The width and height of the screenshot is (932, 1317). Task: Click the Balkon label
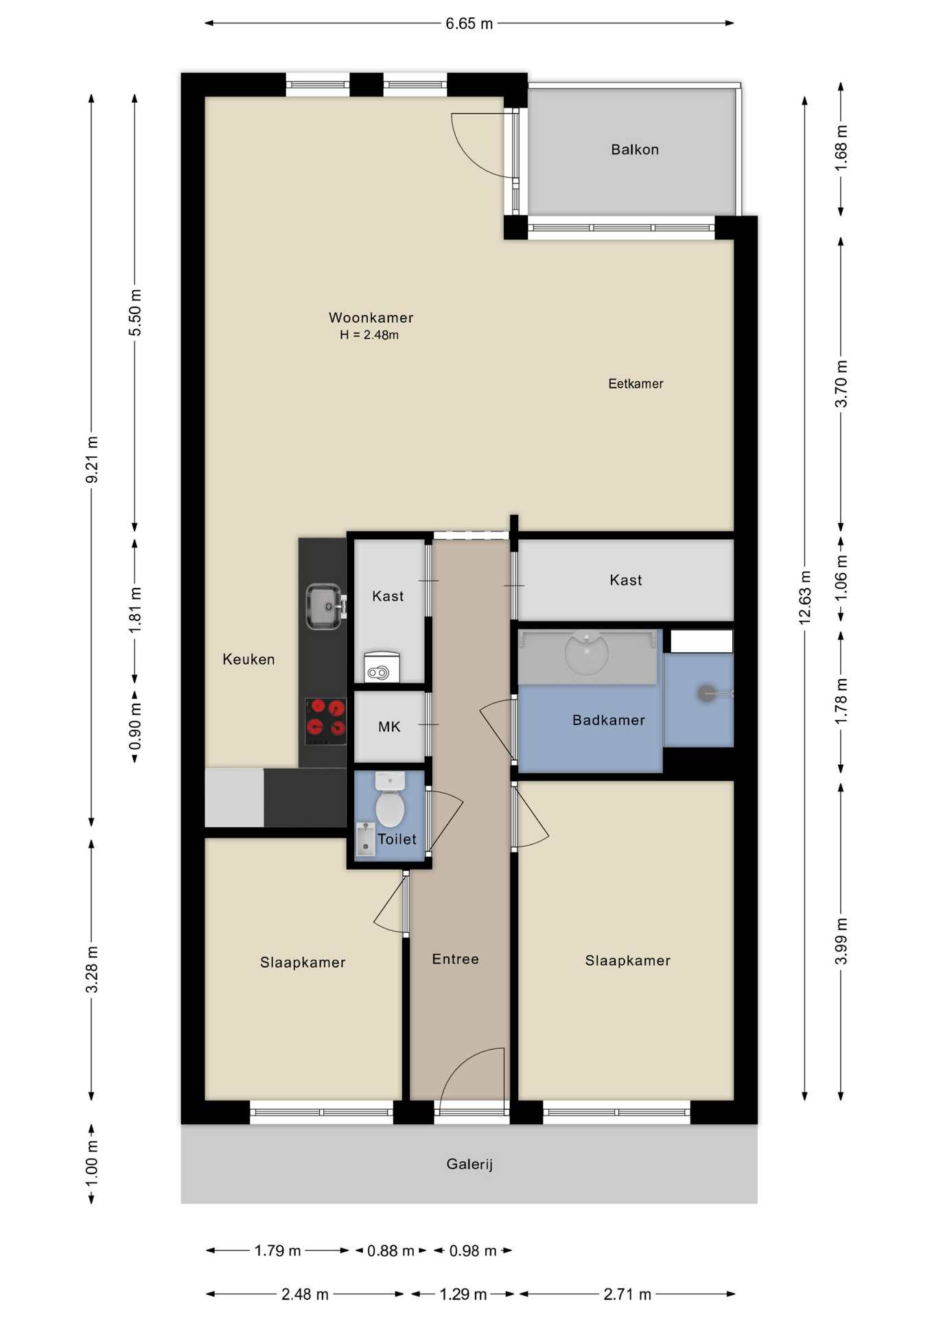click(x=635, y=150)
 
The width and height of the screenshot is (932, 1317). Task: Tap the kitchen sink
click(x=325, y=606)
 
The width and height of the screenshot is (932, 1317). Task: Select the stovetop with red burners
click(x=325, y=721)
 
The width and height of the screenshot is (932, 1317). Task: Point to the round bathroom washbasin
click(x=587, y=653)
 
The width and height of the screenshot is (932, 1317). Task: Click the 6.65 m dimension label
click(x=469, y=24)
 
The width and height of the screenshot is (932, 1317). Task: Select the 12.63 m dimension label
click(x=805, y=597)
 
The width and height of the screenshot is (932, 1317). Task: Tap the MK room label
click(x=389, y=726)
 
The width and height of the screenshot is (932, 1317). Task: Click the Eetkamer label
click(x=636, y=383)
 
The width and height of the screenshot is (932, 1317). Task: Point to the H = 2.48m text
click(x=369, y=335)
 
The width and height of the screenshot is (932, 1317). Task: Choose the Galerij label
click(x=469, y=1164)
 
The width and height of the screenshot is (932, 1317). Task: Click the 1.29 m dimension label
click(x=463, y=1294)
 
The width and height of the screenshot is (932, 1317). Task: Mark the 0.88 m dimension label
click(x=391, y=1251)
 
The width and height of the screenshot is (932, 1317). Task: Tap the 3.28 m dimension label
click(x=92, y=969)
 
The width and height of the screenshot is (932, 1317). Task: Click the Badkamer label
click(x=609, y=720)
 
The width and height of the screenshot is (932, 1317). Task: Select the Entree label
click(x=455, y=959)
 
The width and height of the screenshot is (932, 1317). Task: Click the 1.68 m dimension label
click(x=841, y=147)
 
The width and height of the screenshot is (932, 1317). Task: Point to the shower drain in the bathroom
click(x=706, y=693)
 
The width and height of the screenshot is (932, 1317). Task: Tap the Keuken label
click(x=248, y=659)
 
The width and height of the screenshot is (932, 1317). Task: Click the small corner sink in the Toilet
click(x=365, y=840)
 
